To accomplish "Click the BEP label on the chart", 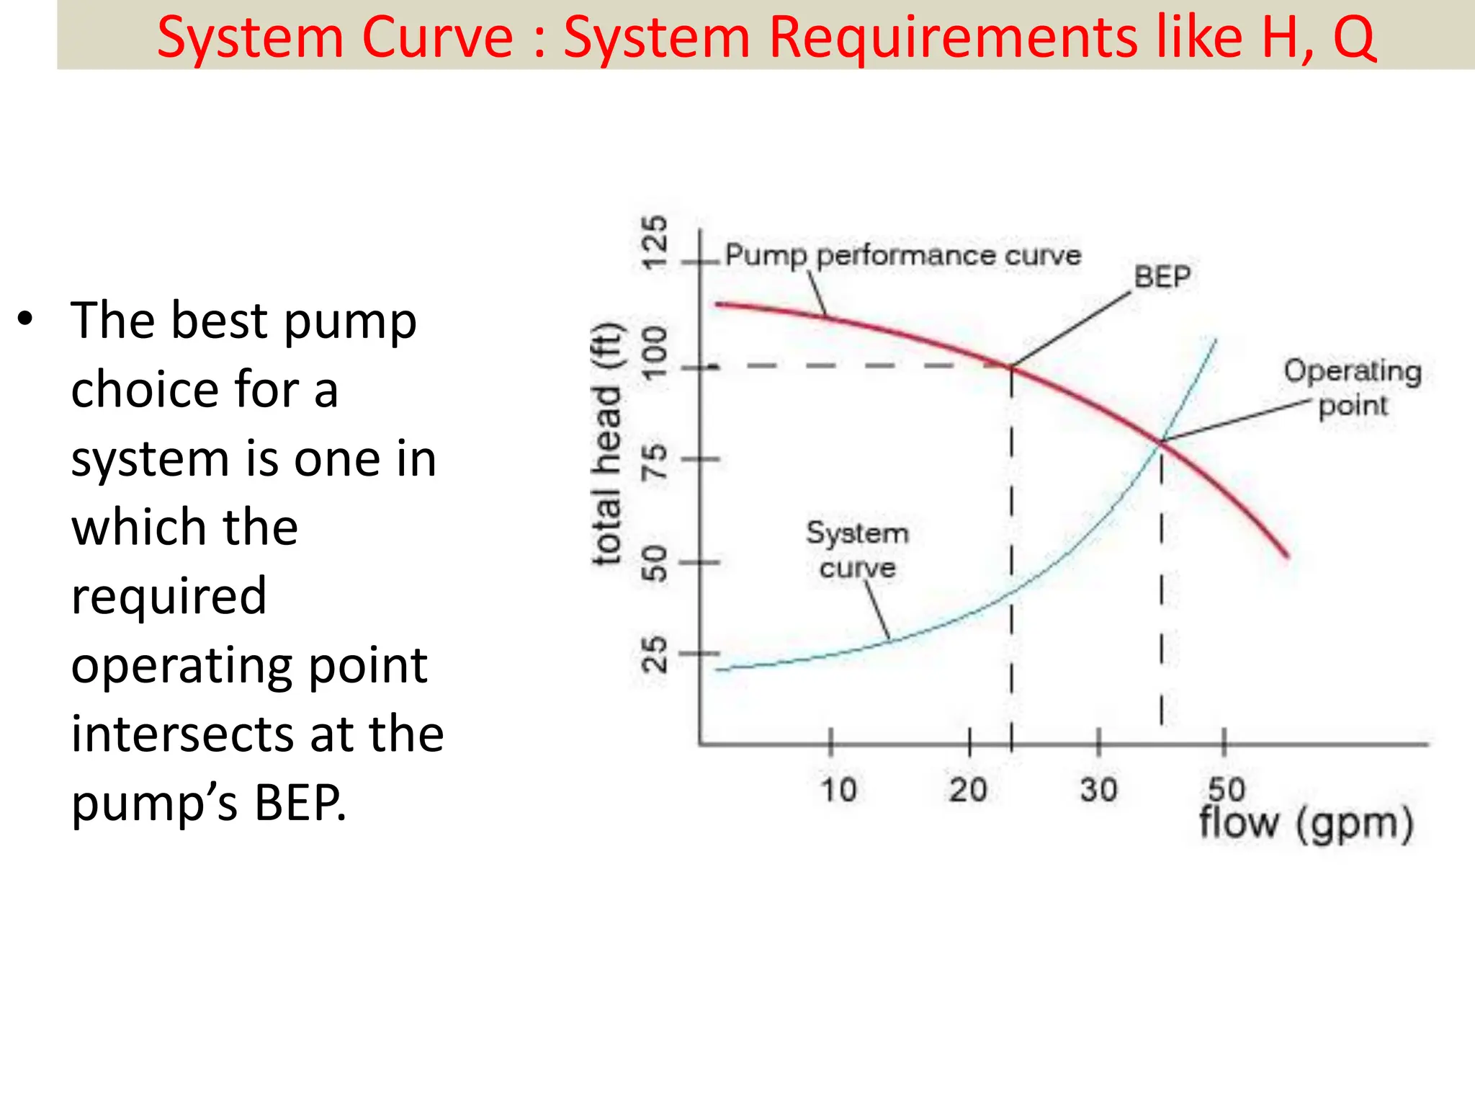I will tap(1162, 277).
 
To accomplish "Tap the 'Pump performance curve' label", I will tap(902, 255).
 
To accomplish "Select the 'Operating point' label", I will tap(1353, 388).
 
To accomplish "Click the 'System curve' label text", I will tap(857, 550).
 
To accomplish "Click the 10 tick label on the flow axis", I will tap(839, 790).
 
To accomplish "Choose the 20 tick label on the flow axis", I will tap(967, 790).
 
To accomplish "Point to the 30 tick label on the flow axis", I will tap(1098, 790).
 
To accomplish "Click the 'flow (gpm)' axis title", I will tap(1306, 823).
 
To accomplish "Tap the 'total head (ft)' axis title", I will tap(607, 445).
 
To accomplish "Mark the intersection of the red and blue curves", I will tap(1161, 441).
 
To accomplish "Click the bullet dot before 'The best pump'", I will tap(26, 319).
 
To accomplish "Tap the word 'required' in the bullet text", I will tap(169, 596).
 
